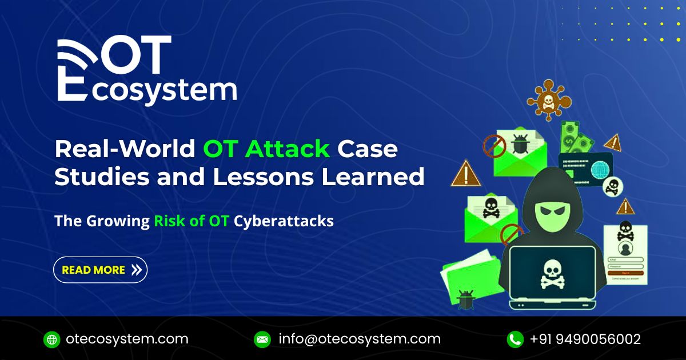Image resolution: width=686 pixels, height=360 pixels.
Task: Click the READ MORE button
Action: (x=101, y=270)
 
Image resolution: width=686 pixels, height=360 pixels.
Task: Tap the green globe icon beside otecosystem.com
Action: (x=52, y=339)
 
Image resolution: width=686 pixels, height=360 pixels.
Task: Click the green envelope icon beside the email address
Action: (x=262, y=339)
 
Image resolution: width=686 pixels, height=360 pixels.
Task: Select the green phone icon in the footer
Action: (x=515, y=339)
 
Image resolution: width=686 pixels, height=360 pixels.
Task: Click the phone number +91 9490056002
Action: (x=585, y=339)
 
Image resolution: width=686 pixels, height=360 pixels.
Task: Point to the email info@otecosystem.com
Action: (x=360, y=339)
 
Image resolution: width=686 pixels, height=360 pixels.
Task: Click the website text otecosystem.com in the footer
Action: (x=127, y=339)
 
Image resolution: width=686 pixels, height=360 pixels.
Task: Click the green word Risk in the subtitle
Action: (x=169, y=221)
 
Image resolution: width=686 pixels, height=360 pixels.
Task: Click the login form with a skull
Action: (x=625, y=251)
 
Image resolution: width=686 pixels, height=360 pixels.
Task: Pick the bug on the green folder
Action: (x=465, y=298)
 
